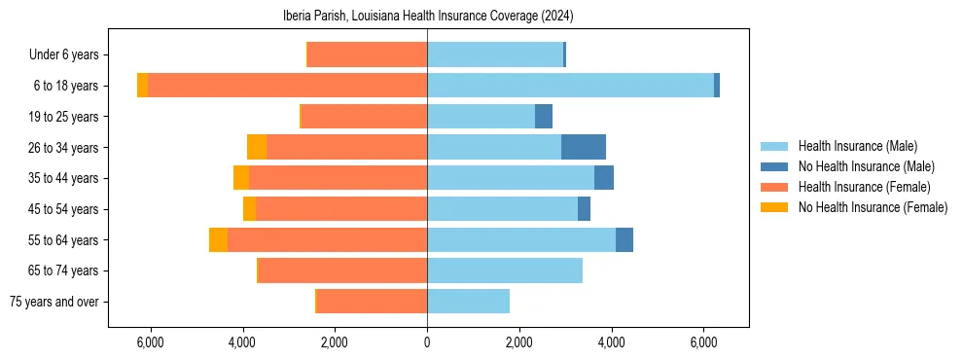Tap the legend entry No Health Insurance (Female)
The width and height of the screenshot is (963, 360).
click(x=873, y=207)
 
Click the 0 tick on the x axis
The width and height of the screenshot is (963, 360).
click(x=427, y=342)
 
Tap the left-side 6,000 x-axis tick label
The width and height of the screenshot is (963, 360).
click(x=150, y=342)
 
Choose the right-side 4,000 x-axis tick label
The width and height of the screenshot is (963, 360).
click(x=612, y=342)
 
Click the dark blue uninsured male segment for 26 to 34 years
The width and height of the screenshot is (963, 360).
click(x=584, y=147)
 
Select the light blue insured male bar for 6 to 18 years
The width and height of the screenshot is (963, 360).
click(x=570, y=86)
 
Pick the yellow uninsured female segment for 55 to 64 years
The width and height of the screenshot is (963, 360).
click(x=218, y=239)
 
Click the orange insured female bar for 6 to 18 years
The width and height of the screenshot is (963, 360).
click(x=287, y=86)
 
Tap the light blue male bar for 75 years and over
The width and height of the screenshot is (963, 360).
click(x=468, y=302)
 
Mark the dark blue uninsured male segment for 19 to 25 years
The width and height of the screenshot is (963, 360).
click(x=544, y=117)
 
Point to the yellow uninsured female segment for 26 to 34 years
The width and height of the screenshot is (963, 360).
click(x=257, y=147)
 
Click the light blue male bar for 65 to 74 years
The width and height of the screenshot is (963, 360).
click(x=505, y=270)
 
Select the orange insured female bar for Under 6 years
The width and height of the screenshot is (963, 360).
click(x=367, y=55)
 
